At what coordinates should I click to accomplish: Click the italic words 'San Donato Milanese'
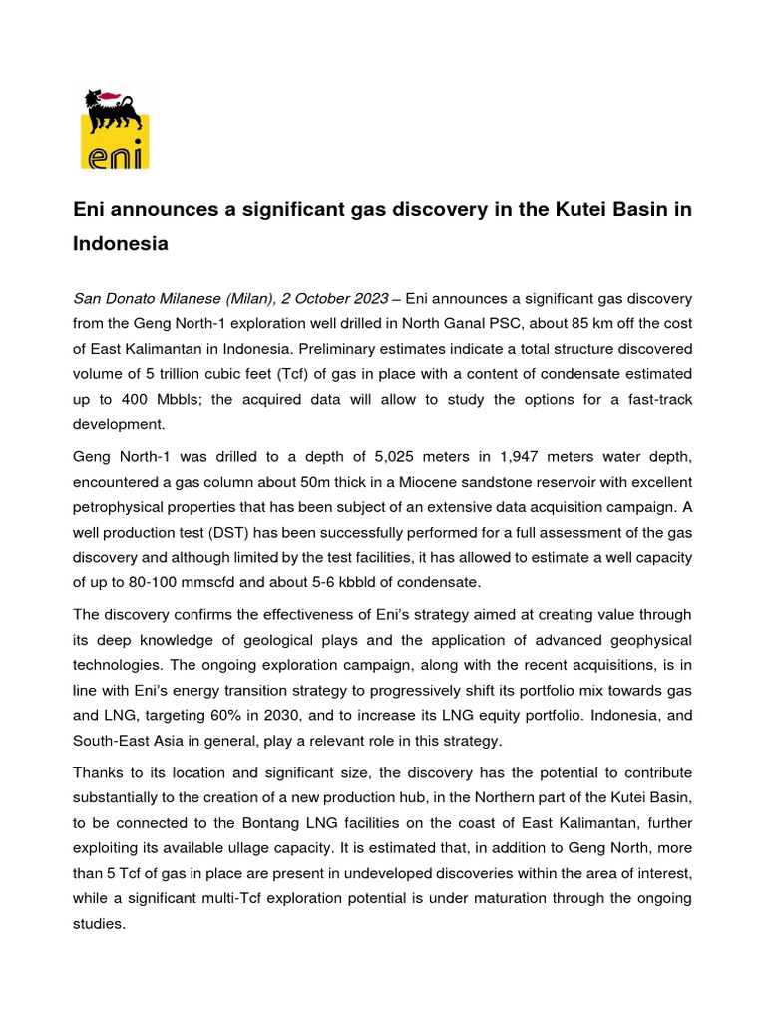tap(142, 299)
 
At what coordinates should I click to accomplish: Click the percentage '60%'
tap(232, 717)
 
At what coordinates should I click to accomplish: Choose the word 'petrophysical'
tap(120, 508)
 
